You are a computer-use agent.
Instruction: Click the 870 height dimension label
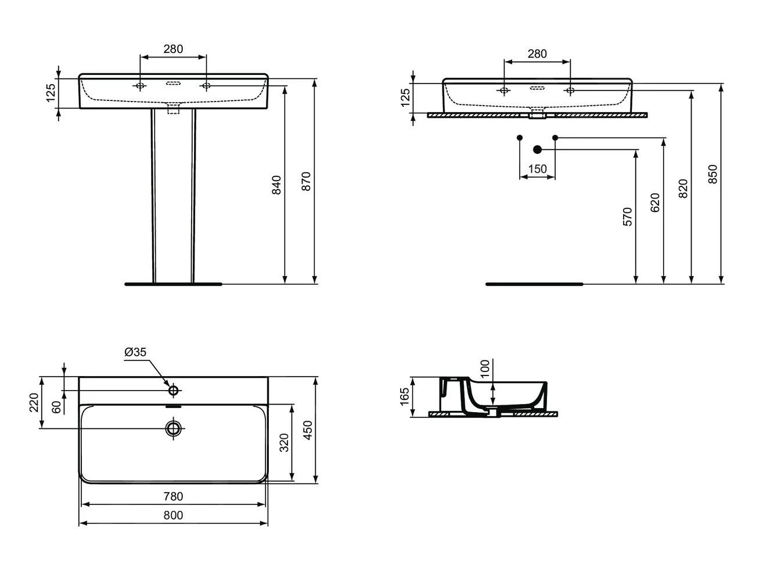coord(306,181)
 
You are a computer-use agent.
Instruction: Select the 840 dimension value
coord(276,185)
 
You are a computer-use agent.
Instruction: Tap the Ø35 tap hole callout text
coord(135,352)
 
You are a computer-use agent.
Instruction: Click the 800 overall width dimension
coord(173,515)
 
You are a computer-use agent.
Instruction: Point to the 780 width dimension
coord(173,496)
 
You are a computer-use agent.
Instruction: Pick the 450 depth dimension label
coord(308,430)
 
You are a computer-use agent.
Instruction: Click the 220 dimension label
coord(34,403)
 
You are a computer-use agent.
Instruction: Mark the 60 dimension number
coord(56,407)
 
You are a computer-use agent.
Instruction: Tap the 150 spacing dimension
coord(537,169)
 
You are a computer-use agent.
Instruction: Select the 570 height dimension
coord(627,216)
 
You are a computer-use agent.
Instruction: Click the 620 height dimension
coord(655,203)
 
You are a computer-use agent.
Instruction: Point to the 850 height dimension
coord(713,174)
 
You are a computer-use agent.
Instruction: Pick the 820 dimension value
coord(683,189)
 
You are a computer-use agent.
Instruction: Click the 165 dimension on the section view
coord(405,396)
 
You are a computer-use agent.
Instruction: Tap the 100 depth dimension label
coord(484,369)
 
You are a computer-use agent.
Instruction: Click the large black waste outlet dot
coord(537,150)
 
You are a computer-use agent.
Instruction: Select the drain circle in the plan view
coord(174,428)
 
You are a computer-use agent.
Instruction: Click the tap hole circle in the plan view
coord(174,390)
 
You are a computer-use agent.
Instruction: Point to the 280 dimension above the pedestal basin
coord(173,49)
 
